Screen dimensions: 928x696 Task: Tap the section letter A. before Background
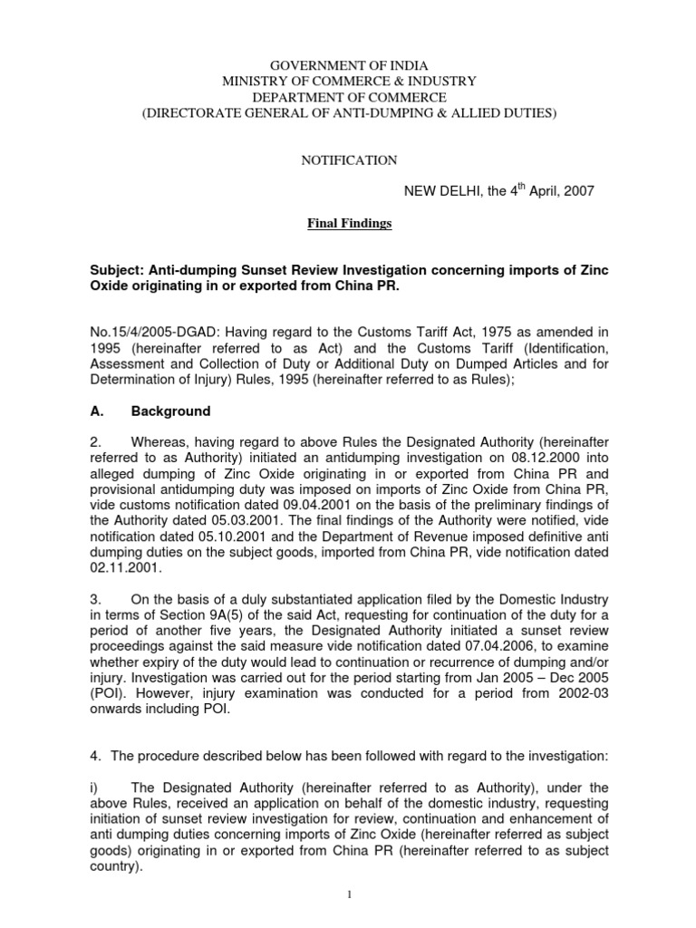click(92, 411)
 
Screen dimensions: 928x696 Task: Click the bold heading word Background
click(170, 411)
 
